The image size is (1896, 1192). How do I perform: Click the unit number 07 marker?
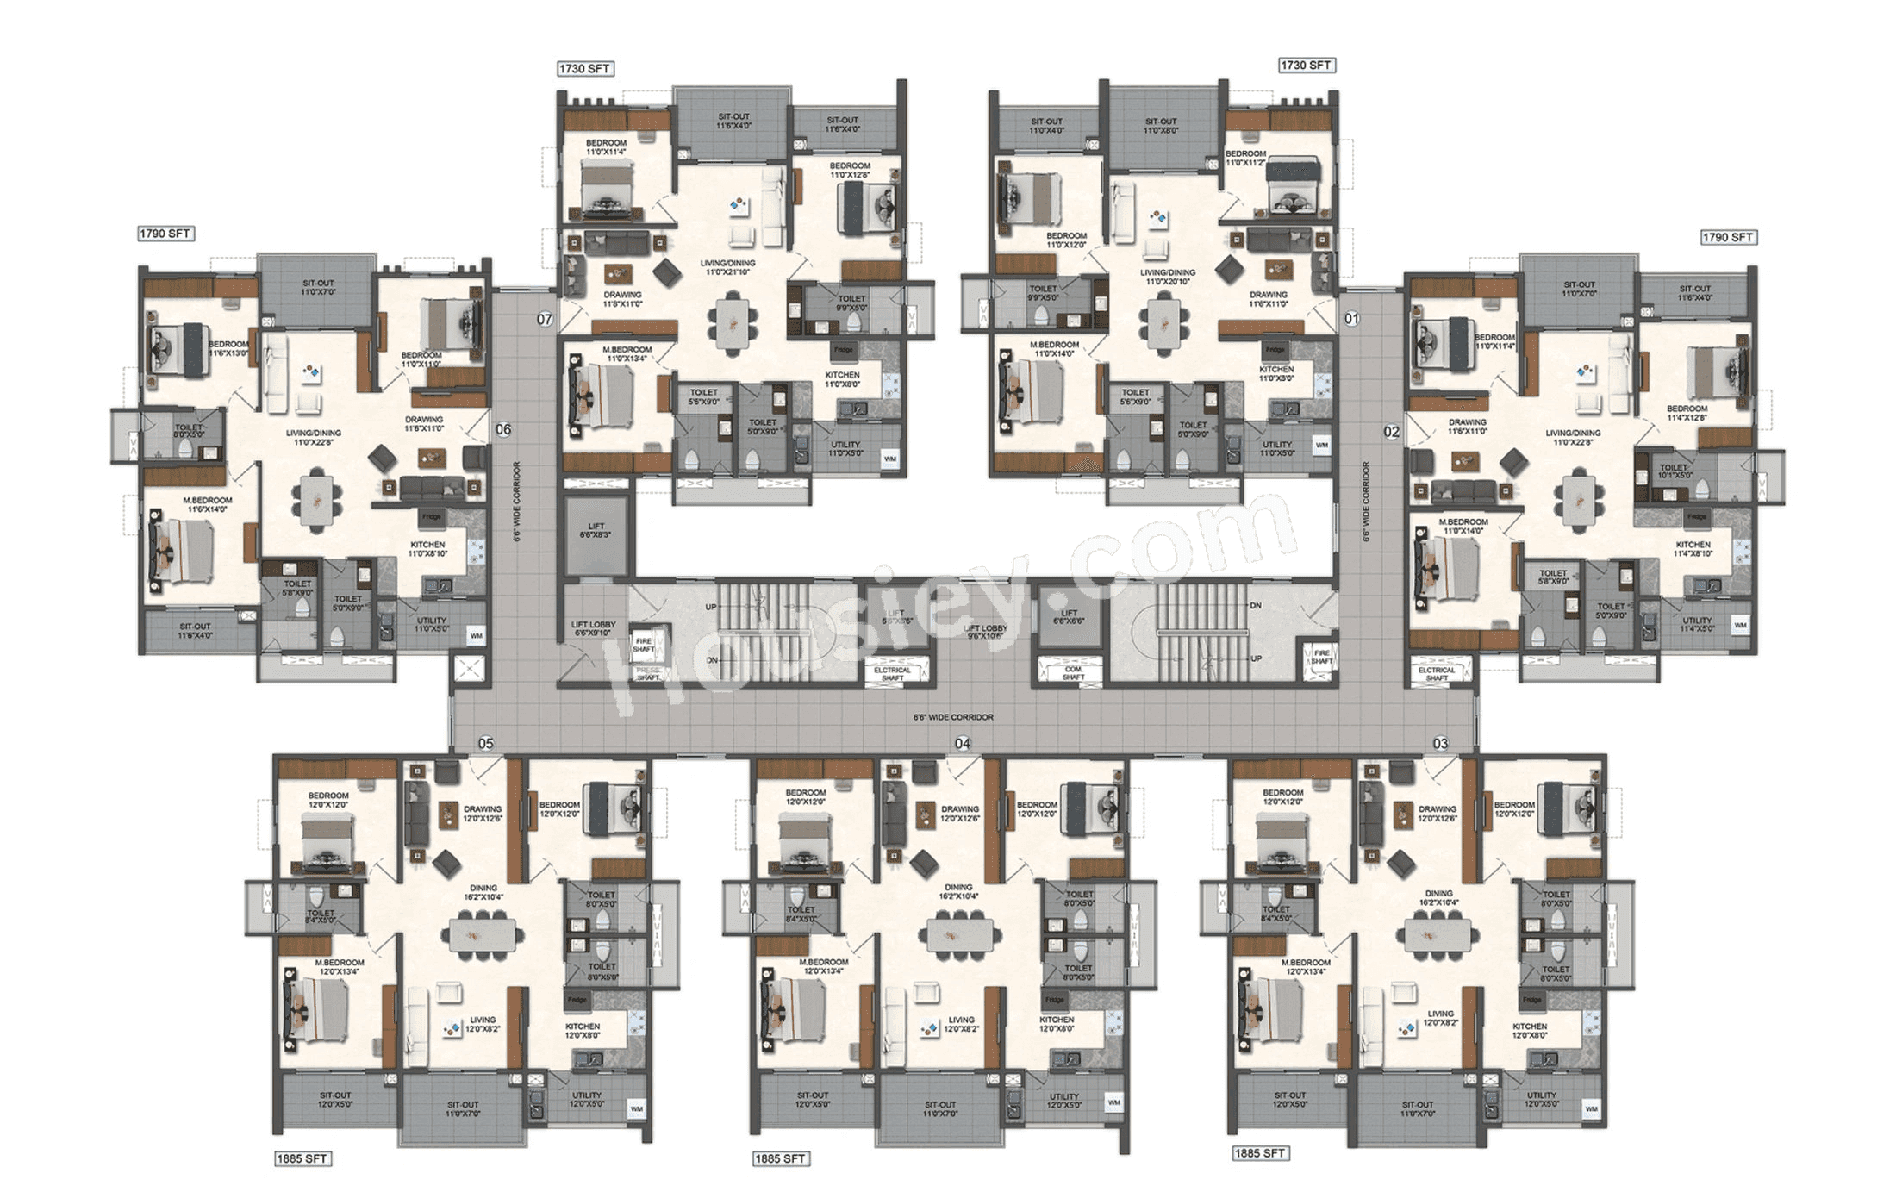pos(545,320)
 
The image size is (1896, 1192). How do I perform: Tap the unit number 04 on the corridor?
pos(963,743)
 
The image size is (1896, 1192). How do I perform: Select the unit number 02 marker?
pos(1392,432)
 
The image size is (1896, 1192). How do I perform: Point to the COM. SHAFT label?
pos(1073,673)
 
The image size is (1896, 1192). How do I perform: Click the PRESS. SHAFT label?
pos(648,674)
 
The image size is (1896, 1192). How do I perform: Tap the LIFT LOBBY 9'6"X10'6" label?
pos(985,632)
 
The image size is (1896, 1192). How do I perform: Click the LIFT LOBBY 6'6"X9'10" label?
pos(592,629)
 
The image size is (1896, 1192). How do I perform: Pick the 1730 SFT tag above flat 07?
pos(585,69)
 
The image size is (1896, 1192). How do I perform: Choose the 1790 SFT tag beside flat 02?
pos(1728,237)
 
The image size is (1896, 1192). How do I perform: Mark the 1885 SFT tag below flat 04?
pos(781,1158)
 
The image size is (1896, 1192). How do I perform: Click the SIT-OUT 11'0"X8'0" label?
pos(1161,126)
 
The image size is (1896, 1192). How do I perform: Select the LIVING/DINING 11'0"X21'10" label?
pos(730,267)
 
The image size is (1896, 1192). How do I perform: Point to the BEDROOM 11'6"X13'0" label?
pos(228,348)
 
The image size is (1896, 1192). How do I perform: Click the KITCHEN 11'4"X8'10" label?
pos(1693,549)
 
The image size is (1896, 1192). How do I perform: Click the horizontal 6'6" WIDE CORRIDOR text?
pos(953,717)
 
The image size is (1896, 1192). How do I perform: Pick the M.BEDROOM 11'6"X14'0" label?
pos(207,504)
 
